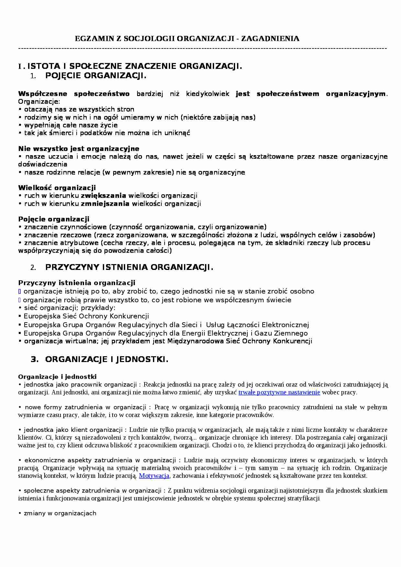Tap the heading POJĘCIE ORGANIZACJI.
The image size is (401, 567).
96,76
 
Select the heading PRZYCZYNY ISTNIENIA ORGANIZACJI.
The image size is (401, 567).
129,267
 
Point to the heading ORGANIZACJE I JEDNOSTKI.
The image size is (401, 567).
107,359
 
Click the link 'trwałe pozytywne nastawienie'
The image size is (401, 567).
279,392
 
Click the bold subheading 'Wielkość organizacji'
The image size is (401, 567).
57,188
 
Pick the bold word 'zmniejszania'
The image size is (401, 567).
105,204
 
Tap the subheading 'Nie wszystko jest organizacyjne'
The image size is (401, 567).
79,149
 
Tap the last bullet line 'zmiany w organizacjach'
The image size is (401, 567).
60,513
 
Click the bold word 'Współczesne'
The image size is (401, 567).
43,94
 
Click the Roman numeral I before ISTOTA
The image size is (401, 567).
20,67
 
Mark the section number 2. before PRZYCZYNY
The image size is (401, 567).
33,268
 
